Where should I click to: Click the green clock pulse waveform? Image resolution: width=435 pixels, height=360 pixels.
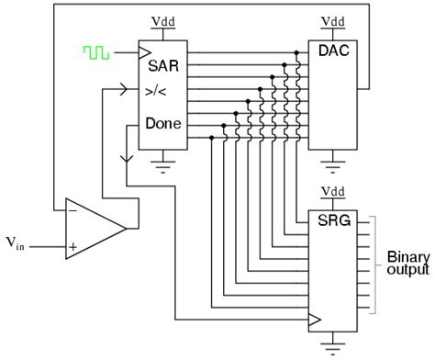(x=95, y=53)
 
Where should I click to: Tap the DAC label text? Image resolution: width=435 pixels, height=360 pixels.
(x=327, y=54)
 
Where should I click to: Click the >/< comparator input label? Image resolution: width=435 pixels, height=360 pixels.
(x=157, y=92)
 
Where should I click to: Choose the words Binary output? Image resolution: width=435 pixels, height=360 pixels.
(x=407, y=263)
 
